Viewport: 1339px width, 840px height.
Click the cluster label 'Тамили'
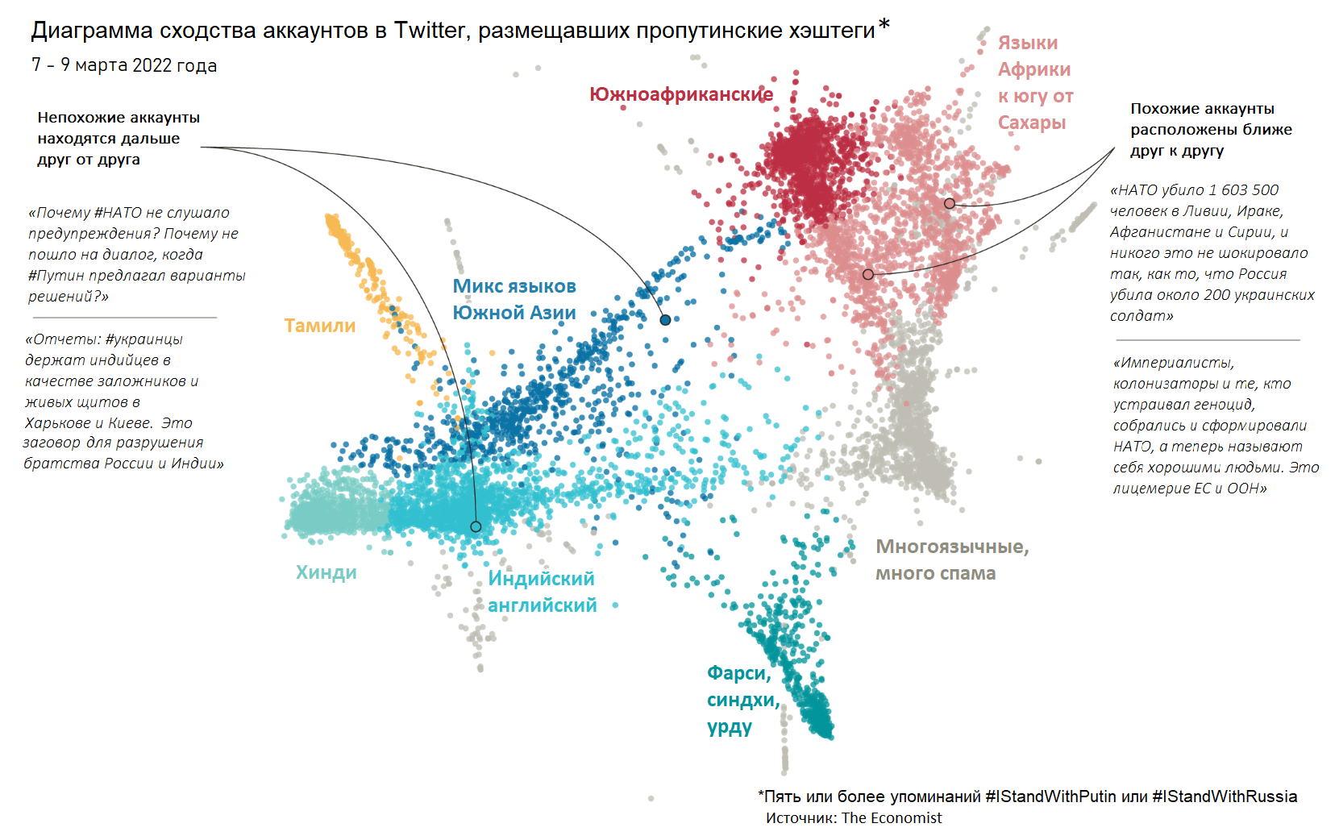click(x=320, y=326)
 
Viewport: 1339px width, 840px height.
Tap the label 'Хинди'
click(x=326, y=572)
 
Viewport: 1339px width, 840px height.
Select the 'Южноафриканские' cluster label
click(x=681, y=95)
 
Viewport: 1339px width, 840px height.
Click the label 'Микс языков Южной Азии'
click(x=514, y=299)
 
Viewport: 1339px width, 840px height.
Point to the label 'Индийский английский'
click(x=542, y=592)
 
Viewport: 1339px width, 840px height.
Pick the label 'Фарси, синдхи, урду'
click(x=742, y=700)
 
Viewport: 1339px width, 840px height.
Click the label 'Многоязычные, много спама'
click(x=951, y=559)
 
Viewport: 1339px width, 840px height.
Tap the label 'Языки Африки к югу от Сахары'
click(x=1035, y=82)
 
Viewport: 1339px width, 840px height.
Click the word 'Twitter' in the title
click(x=430, y=31)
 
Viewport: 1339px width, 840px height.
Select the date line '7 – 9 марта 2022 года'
click(x=124, y=65)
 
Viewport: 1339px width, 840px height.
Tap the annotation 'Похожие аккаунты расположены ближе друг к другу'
click(x=1211, y=130)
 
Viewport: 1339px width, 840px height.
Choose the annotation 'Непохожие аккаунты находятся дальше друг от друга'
click(x=119, y=139)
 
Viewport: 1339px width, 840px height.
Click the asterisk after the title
click(x=884, y=27)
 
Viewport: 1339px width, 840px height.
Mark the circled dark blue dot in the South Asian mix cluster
click(x=665, y=320)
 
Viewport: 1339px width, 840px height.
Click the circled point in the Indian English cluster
click(x=476, y=526)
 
